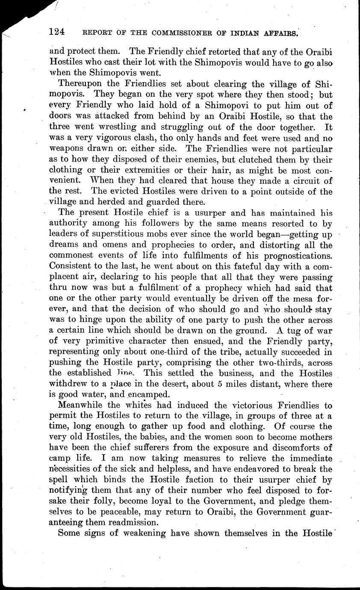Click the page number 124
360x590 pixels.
(x=57, y=32)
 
